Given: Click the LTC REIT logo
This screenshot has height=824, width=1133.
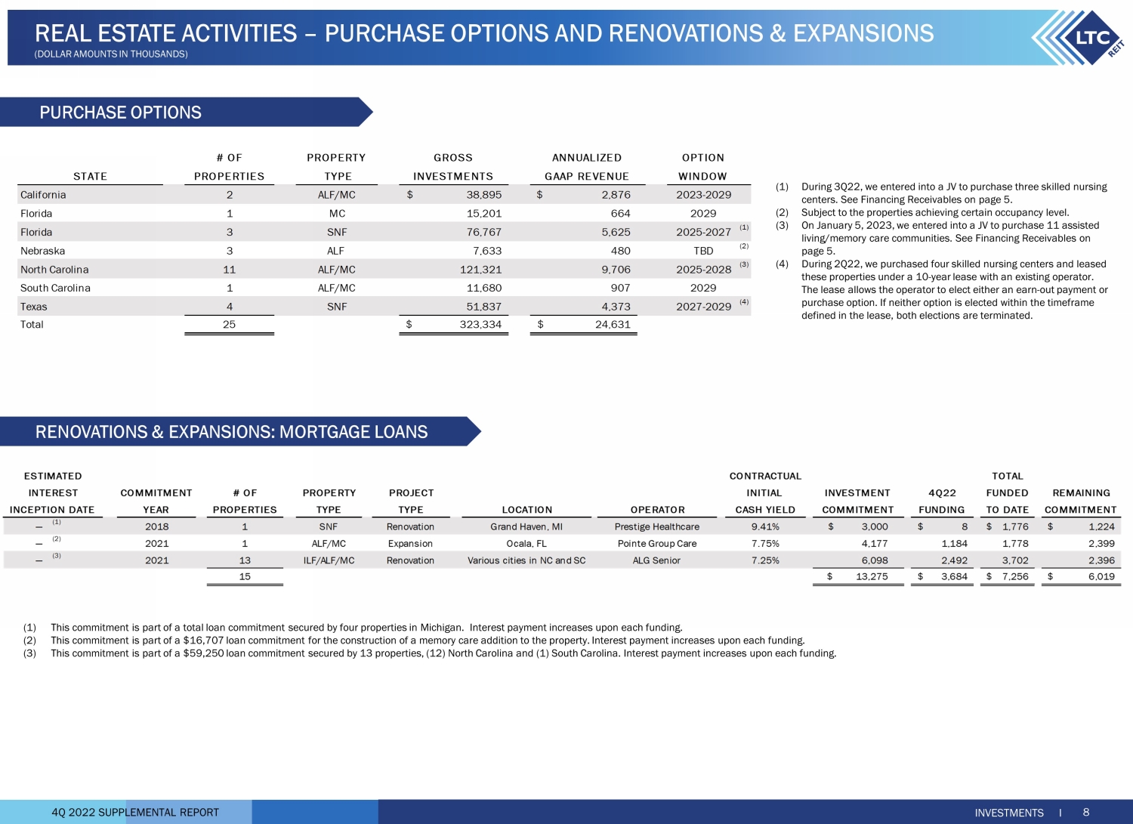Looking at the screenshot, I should [x=1080, y=38].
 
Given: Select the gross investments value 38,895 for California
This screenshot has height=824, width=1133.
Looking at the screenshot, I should [x=483, y=195].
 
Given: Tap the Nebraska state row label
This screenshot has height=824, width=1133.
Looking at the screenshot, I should [x=43, y=251].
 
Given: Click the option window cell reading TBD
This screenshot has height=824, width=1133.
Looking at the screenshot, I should [x=703, y=251].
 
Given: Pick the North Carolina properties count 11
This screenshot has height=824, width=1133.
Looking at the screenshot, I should [x=230, y=270].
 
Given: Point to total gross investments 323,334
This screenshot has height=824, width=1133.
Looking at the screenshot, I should [x=480, y=325].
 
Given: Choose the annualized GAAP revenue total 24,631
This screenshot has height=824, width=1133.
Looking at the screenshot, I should [x=612, y=325].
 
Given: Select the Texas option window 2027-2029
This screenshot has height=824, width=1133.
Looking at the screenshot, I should [x=703, y=307].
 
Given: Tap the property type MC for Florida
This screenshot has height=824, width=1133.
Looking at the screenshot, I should [x=337, y=214].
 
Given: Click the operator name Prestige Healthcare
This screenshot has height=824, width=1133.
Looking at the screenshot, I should [x=657, y=527].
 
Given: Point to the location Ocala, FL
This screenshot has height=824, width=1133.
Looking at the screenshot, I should [x=526, y=544].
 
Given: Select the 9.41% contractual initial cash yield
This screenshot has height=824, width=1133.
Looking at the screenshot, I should [x=765, y=527].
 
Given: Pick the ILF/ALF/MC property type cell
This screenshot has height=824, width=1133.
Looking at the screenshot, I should [x=329, y=560].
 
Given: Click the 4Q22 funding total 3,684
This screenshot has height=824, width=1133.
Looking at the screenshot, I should [x=954, y=577].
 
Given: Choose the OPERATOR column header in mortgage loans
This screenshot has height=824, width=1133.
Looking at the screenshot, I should [x=657, y=510].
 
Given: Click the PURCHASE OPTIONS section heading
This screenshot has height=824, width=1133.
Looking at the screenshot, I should [x=121, y=113].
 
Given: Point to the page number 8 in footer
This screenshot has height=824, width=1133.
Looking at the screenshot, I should [x=1086, y=813].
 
